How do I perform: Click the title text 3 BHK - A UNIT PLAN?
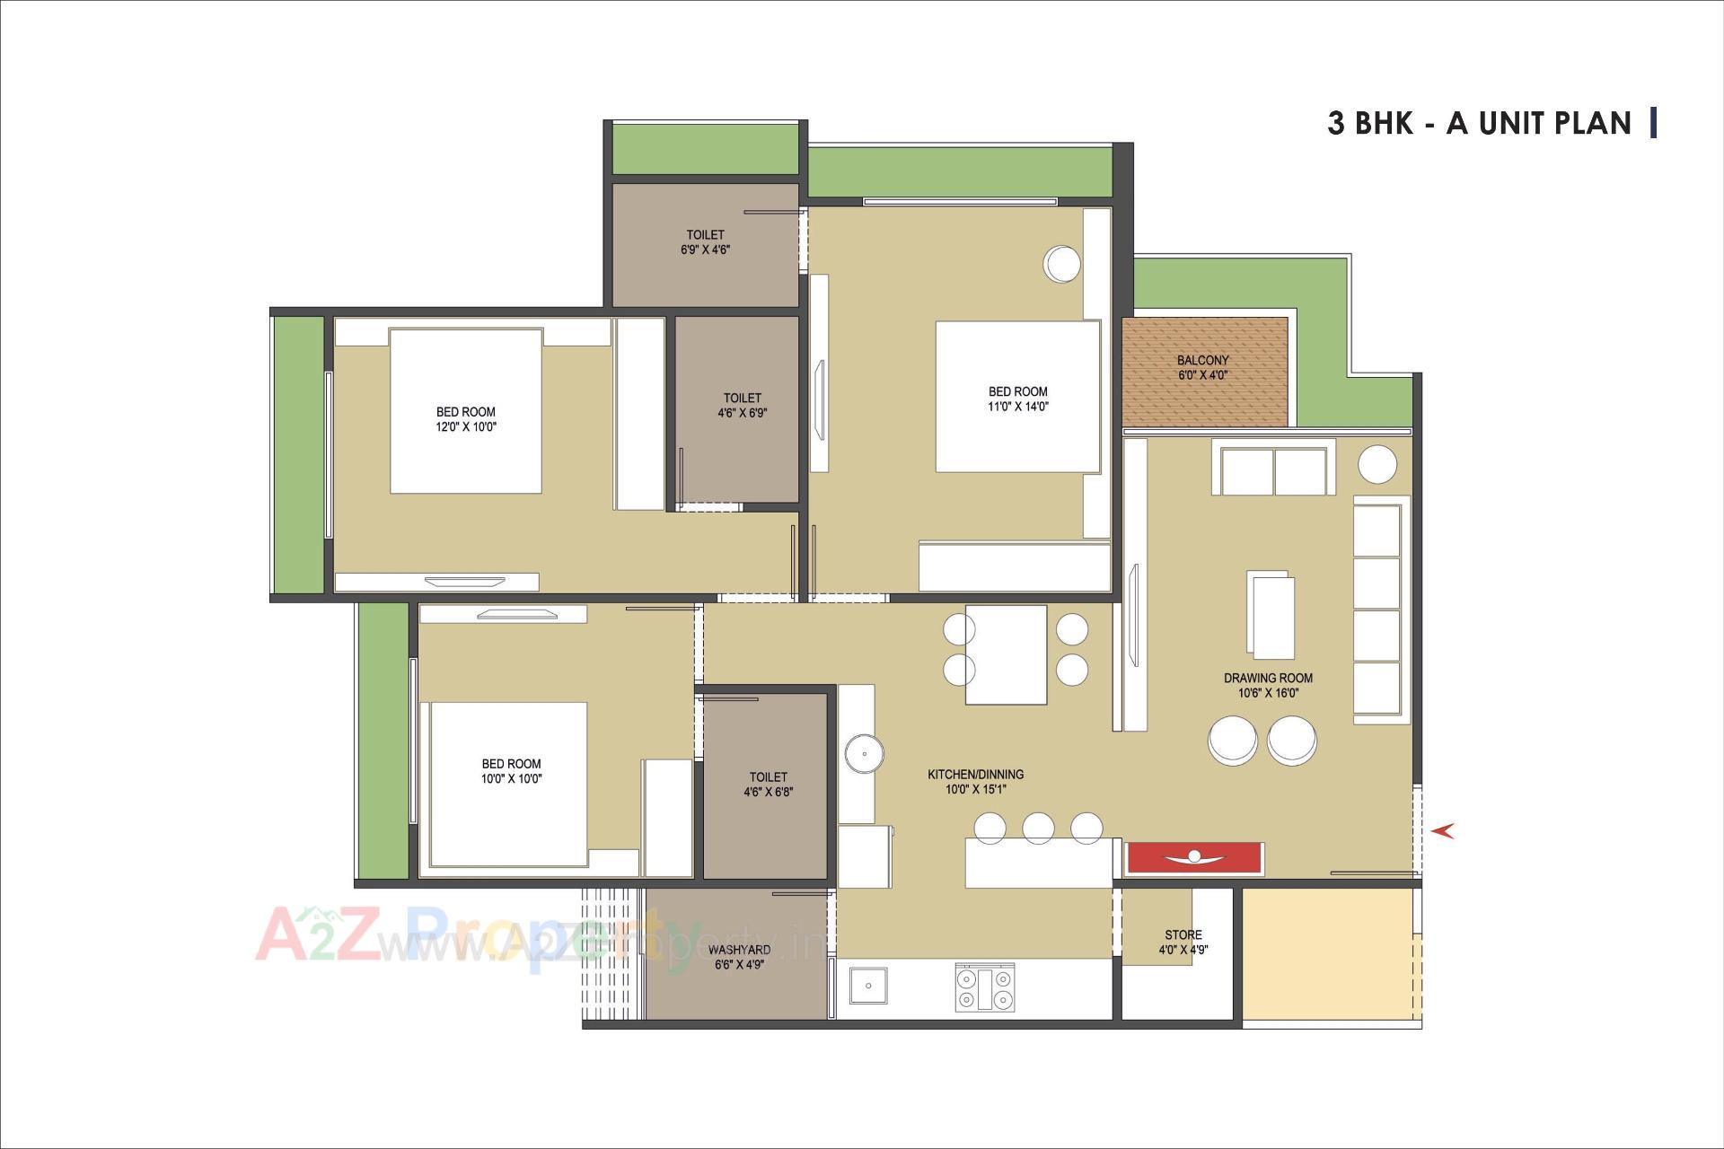[1479, 123]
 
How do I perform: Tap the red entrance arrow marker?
[1443, 831]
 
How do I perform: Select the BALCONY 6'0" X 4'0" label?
[1203, 368]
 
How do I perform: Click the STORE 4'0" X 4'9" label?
[1183, 942]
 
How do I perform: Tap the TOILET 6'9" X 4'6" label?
[705, 242]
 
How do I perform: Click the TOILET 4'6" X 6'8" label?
[768, 784]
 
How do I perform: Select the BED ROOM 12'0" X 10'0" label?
[465, 419]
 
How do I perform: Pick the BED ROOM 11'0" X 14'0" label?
[1017, 399]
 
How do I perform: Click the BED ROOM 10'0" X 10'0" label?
[511, 771]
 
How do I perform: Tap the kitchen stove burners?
[985, 987]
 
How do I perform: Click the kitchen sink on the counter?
[867, 986]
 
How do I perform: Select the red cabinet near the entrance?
[1195, 857]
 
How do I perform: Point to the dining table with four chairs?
[1006, 654]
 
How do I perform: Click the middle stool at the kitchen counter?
[1038, 828]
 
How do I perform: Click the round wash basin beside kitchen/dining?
[864, 751]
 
